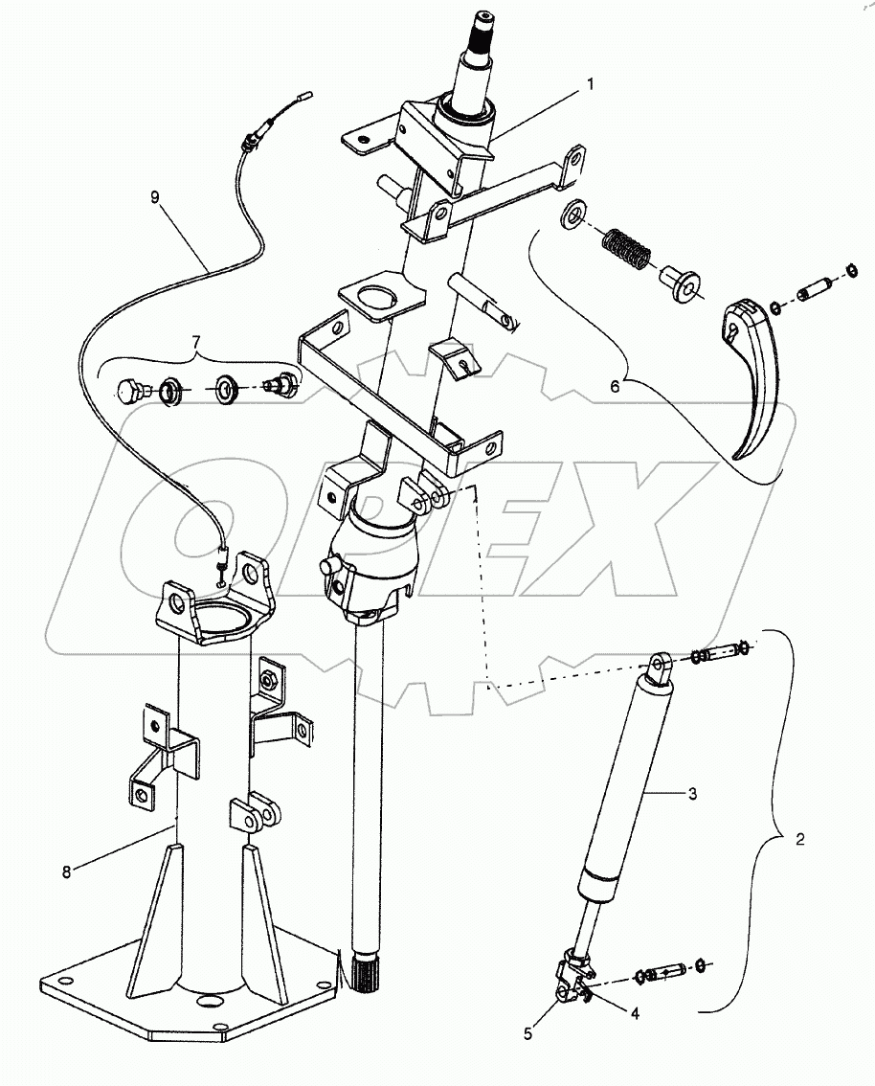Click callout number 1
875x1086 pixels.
[590, 84]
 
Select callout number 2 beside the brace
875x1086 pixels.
[800, 839]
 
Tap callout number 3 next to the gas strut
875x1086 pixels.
[691, 794]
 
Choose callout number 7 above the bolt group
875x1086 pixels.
[195, 341]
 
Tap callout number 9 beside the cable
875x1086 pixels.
[155, 198]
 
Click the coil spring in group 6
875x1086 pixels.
[627, 251]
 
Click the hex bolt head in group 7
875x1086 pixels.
[130, 391]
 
